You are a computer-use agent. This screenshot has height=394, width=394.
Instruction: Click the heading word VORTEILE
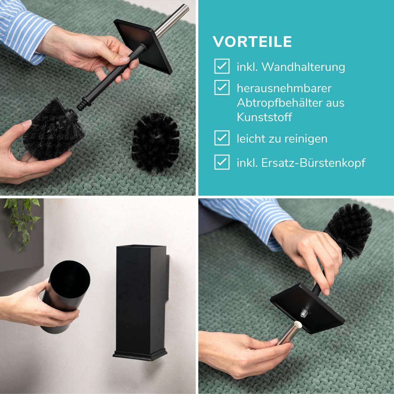click(x=252, y=42)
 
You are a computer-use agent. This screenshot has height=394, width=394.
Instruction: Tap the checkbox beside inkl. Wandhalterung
click(x=222, y=66)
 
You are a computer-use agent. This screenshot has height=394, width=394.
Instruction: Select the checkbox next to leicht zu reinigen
click(x=222, y=138)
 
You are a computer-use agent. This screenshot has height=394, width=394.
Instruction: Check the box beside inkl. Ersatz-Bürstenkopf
click(x=222, y=162)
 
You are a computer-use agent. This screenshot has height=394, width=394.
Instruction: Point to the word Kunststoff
click(x=264, y=117)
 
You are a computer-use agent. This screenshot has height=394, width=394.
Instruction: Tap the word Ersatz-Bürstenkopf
click(x=313, y=163)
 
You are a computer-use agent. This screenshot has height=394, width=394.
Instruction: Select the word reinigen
click(x=306, y=139)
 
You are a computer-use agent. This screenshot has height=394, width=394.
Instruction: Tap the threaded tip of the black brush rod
click(x=81, y=105)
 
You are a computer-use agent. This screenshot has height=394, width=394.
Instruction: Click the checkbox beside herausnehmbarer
click(x=222, y=87)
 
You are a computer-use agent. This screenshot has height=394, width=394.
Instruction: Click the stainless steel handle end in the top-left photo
click(x=172, y=20)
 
